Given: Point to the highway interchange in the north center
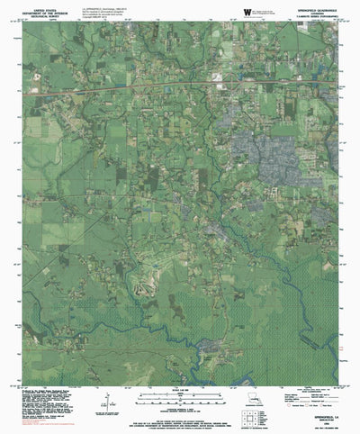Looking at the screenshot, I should (x=230, y=84).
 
